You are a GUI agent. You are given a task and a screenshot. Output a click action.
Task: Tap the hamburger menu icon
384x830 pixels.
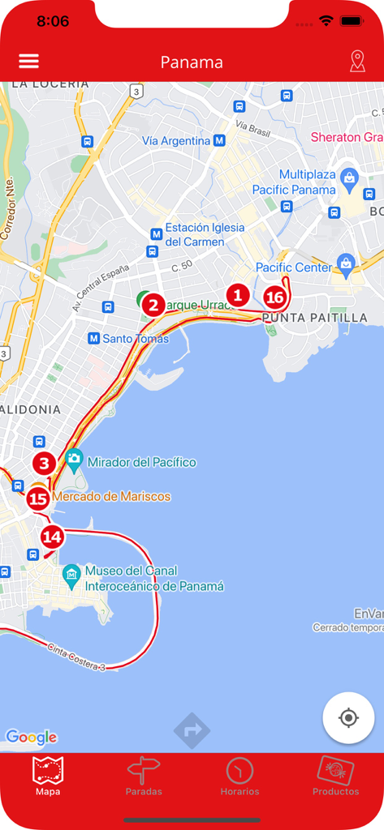pos(28,62)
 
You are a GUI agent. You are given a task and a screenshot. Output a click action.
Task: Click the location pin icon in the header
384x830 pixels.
pos(357,62)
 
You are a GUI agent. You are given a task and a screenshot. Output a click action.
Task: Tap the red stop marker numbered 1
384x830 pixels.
pos(237,295)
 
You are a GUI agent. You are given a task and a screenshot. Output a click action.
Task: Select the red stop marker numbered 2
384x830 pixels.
pos(152,306)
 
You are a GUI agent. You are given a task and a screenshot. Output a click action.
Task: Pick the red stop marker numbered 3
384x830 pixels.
pos(44,464)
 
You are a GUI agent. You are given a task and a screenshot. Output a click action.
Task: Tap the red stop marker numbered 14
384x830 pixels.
pos(52,537)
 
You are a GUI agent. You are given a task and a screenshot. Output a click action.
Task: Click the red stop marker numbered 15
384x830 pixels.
pos(37,498)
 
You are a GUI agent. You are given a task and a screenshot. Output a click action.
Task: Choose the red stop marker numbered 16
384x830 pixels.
pos(275,297)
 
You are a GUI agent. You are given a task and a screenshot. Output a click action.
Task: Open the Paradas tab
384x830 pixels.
pos(144,777)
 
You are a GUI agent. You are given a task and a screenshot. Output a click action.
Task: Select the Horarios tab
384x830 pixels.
pos(239,777)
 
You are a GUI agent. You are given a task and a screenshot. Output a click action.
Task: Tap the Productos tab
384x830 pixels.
pos(335,777)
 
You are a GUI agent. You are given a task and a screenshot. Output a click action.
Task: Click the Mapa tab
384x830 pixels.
pos(48,777)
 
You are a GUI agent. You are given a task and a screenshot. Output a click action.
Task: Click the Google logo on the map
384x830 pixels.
pos(31,737)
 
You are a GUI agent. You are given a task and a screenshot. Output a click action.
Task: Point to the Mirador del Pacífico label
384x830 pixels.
pos(142,462)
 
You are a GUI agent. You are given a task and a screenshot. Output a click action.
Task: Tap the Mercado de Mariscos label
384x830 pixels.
pos(111,496)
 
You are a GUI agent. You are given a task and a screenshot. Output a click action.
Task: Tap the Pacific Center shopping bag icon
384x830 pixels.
pos(347,263)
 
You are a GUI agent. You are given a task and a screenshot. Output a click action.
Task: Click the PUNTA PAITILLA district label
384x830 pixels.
pos(314,318)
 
